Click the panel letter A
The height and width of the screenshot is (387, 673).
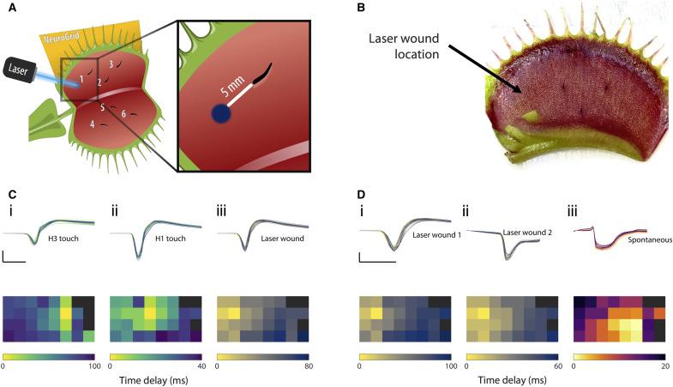(7, 9)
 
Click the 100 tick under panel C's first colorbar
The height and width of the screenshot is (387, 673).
(91, 367)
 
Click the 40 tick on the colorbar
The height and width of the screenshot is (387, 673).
(201, 367)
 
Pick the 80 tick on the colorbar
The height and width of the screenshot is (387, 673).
(309, 367)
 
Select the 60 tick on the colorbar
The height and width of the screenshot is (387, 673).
(556, 367)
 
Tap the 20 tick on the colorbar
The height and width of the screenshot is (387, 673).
(664, 367)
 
